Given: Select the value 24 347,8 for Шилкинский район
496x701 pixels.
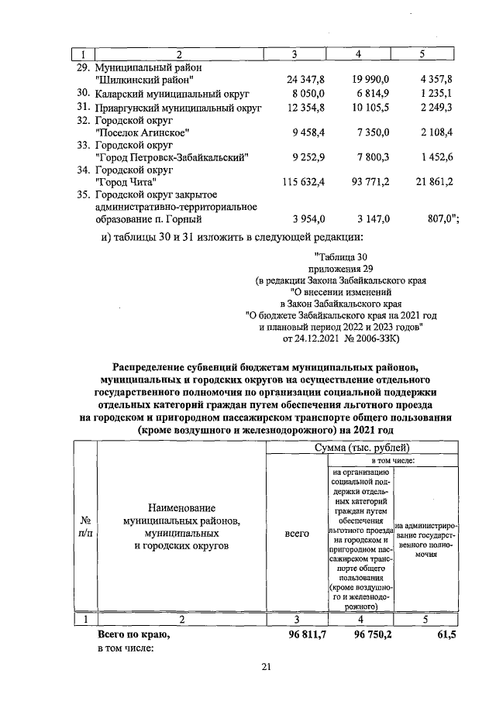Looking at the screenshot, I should (x=305, y=79).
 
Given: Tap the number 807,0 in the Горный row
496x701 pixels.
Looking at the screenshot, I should (x=439, y=220).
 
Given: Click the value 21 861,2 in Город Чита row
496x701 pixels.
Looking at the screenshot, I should (x=430, y=182).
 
